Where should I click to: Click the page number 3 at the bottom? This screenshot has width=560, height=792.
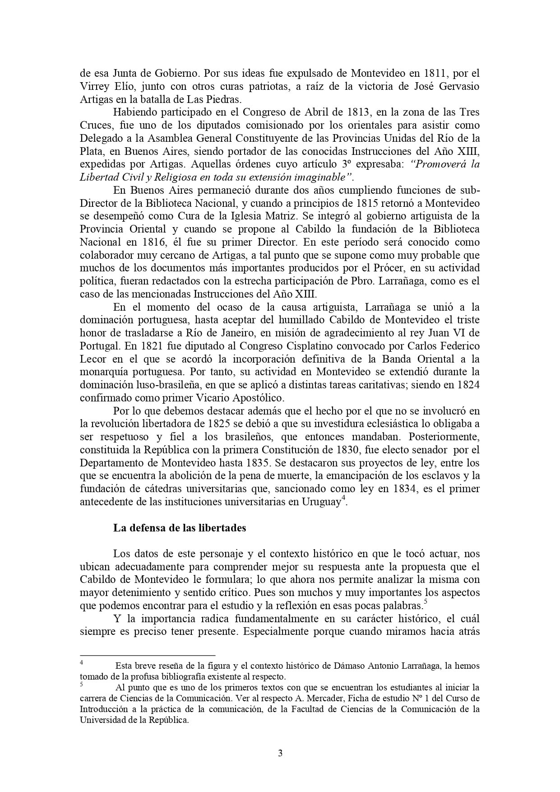[280, 753]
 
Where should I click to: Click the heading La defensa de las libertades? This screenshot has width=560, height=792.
[179, 528]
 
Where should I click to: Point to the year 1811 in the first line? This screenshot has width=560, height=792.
[434, 73]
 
